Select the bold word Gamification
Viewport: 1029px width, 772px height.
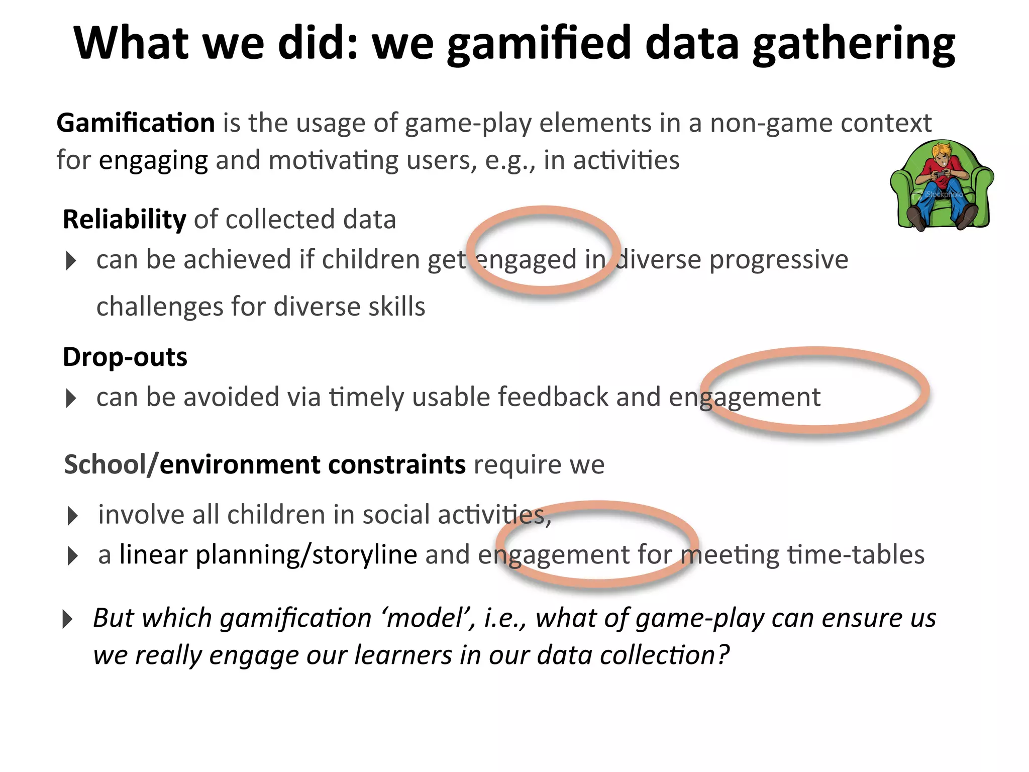[x=136, y=123]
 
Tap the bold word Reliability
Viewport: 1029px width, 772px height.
[x=124, y=220]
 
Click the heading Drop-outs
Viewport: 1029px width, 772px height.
[x=125, y=357]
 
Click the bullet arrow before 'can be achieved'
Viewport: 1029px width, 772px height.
[x=71, y=261]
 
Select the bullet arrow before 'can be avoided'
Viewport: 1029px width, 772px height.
[x=71, y=399]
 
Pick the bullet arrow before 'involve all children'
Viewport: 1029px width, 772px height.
[x=73, y=516]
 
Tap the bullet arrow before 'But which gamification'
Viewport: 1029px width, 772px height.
[x=67, y=619]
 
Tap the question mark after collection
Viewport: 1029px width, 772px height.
[x=723, y=655]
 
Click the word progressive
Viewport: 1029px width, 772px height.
[x=779, y=260]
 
